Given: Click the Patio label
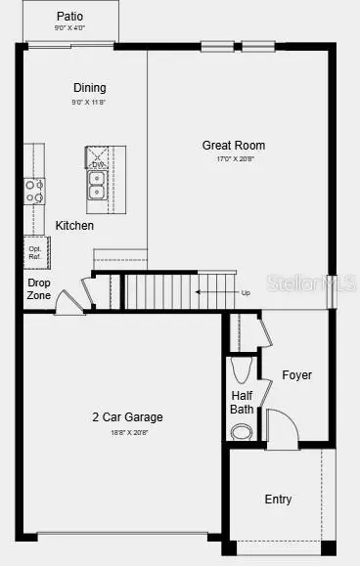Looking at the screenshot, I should pyautogui.click(x=69, y=16).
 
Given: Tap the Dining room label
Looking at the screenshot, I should pyautogui.click(x=89, y=87).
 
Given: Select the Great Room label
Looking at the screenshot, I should pyautogui.click(x=234, y=146).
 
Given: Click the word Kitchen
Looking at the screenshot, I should pyautogui.click(x=74, y=226).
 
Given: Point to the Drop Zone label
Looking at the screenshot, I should pyautogui.click(x=39, y=288).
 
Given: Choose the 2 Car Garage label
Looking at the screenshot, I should pyautogui.click(x=121, y=417).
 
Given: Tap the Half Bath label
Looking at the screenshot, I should pyautogui.click(x=243, y=402).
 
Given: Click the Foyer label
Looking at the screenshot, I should pyautogui.click(x=296, y=375).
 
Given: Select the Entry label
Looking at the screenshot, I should pyautogui.click(x=278, y=500).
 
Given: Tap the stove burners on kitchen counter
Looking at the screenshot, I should pyautogui.click(x=34, y=190).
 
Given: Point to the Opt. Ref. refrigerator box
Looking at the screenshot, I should pyautogui.click(x=36, y=252).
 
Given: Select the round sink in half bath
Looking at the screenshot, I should pyautogui.click(x=242, y=431).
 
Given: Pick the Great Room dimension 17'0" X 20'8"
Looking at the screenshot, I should pyautogui.click(x=234, y=159).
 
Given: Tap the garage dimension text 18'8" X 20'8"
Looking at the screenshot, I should pyautogui.click(x=121, y=431).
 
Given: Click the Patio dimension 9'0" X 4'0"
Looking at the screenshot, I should pyautogui.click(x=69, y=28).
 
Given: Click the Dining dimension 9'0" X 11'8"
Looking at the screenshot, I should pyautogui.click(x=89, y=101).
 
